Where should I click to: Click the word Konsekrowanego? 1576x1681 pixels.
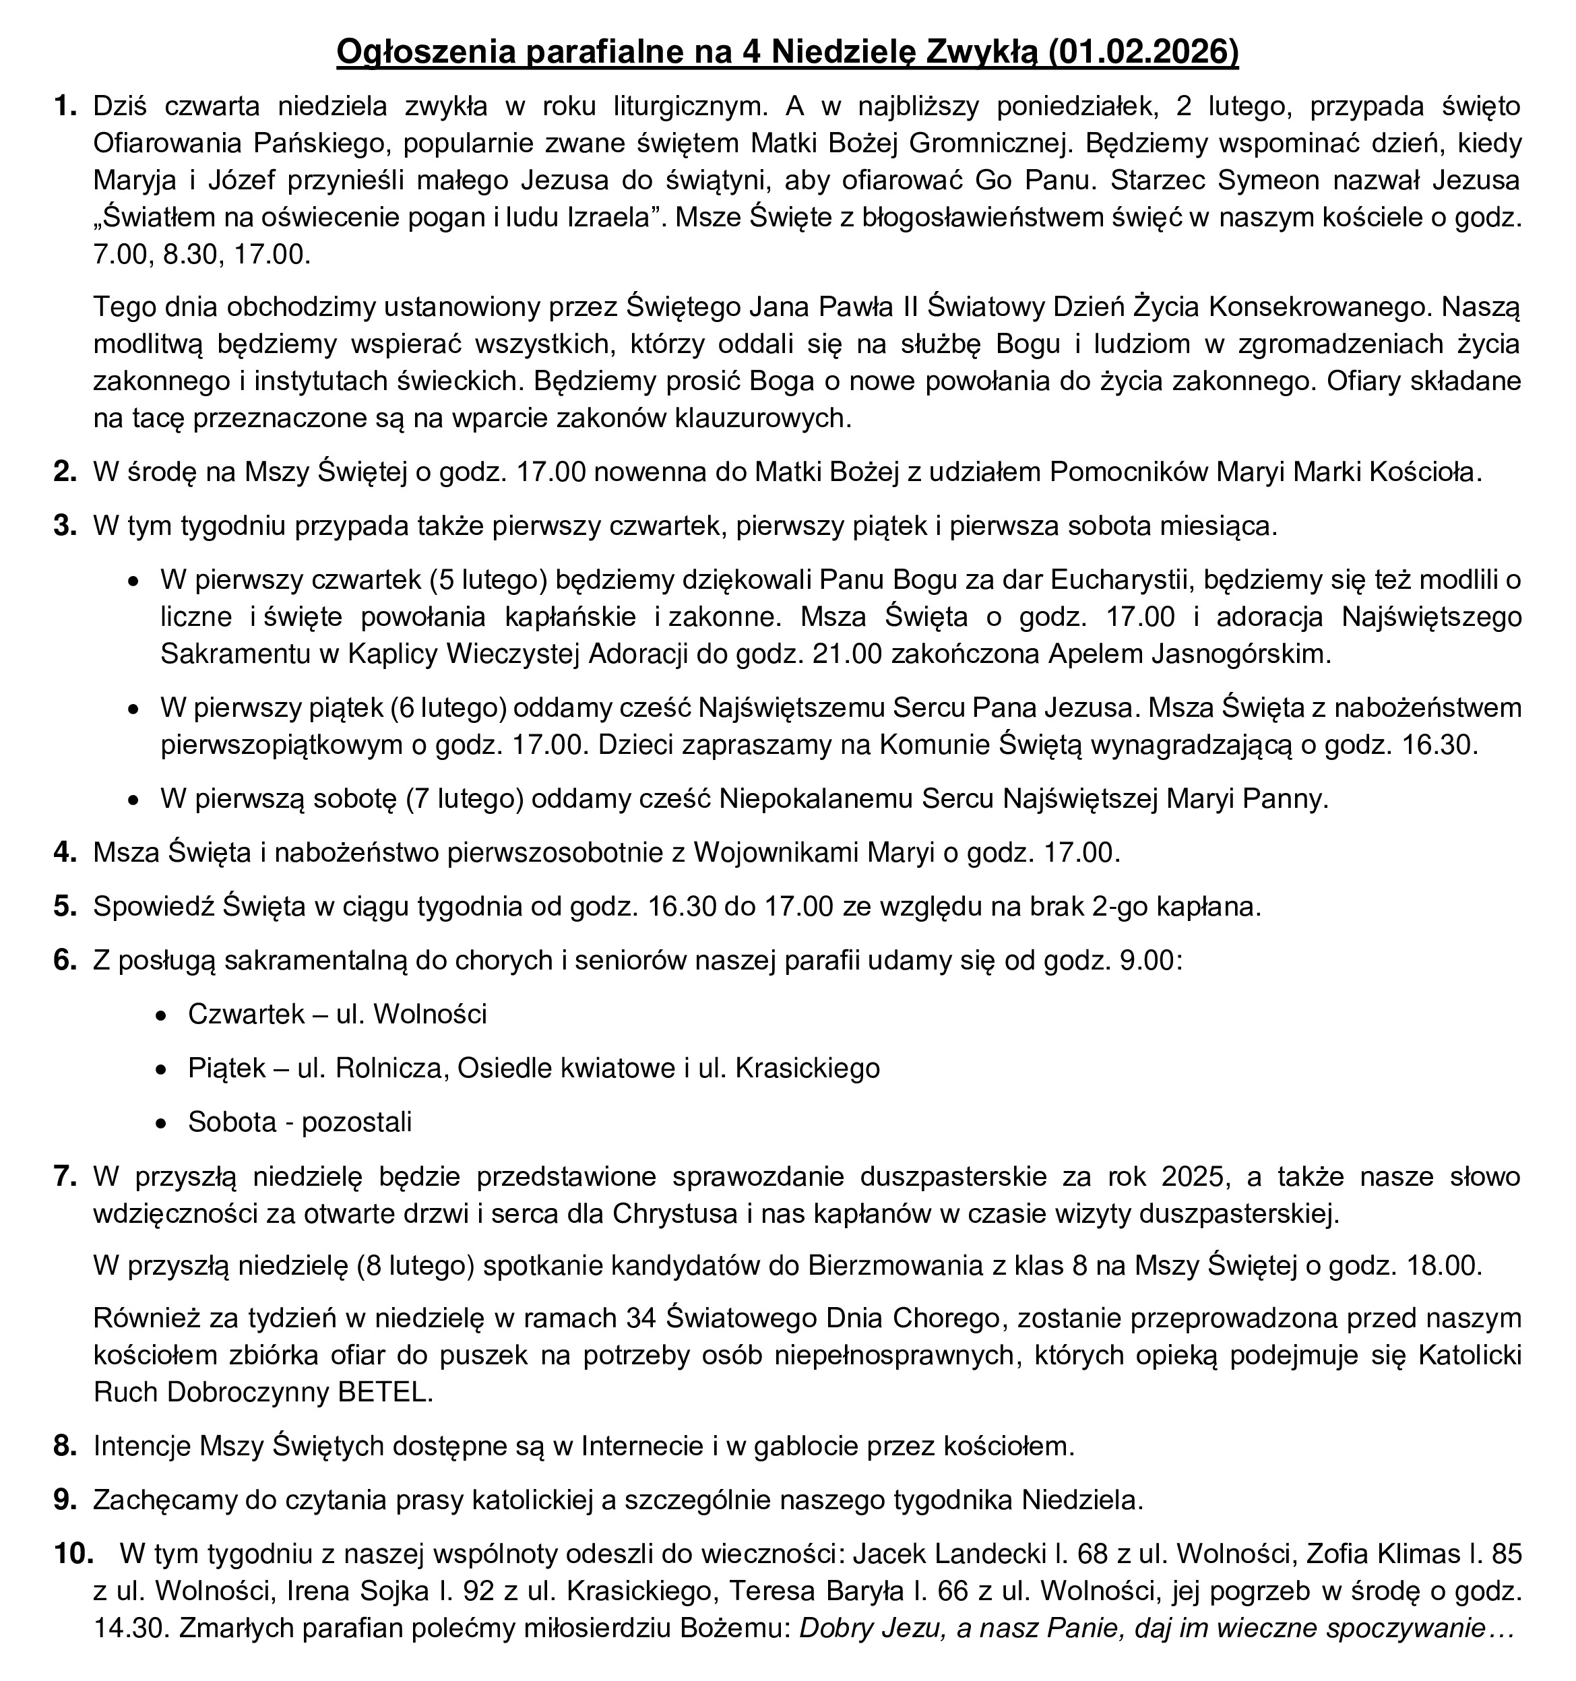coord(1314,307)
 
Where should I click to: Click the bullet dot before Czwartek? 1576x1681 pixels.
coord(162,1015)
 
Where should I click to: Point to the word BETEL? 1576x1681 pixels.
coord(385,1393)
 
